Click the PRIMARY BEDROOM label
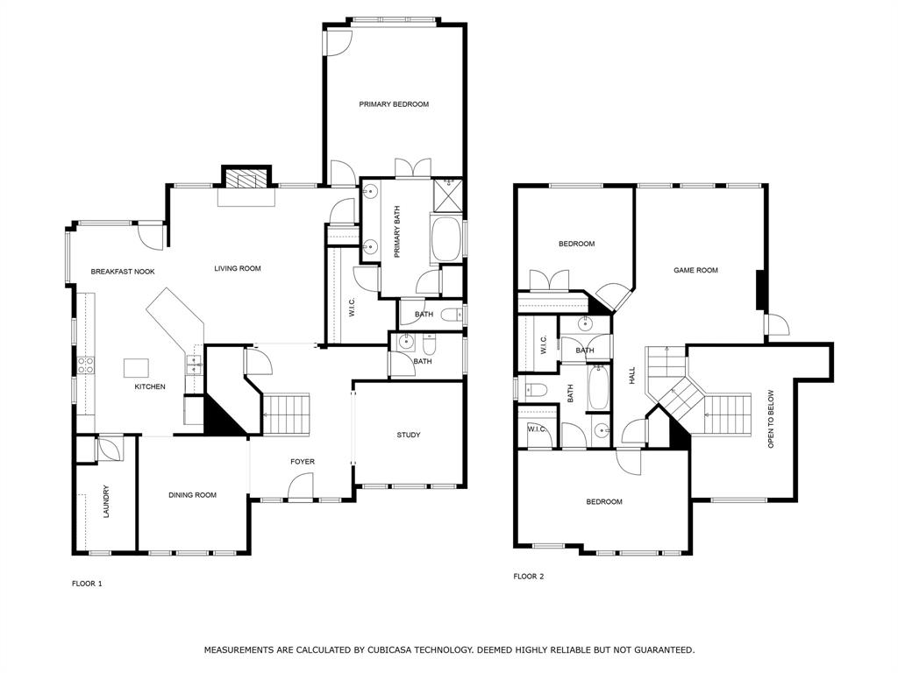click(x=394, y=104)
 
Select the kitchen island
click(x=137, y=366)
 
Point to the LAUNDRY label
click(x=106, y=501)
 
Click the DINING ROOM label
click(x=192, y=495)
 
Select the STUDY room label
click(x=408, y=435)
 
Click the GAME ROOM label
click(x=695, y=270)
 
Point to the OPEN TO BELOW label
click(x=772, y=419)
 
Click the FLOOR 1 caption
click(x=87, y=583)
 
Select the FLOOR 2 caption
click(x=529, y=577)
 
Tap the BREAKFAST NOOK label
click(x=123, y=272)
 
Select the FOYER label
click(x=303, y=462)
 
